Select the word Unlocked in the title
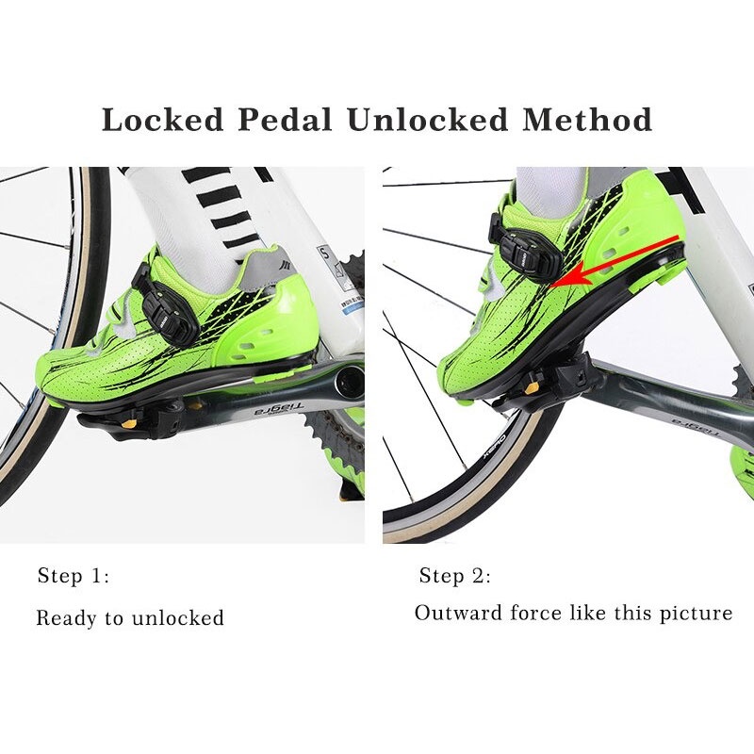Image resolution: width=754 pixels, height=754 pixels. (419, 121)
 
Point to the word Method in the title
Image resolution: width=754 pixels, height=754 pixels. (589, 121)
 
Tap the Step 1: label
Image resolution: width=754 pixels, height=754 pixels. (74, 577)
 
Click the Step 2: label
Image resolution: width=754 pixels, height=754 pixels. (455, 577)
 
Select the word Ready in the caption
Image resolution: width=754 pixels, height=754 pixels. (66, 619)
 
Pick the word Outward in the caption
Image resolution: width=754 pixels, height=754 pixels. (458, 613)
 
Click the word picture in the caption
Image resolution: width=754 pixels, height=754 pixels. (696, 614)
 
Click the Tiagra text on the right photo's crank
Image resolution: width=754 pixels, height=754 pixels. (693, 432)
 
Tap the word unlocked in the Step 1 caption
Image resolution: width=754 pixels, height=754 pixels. (177, 619)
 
